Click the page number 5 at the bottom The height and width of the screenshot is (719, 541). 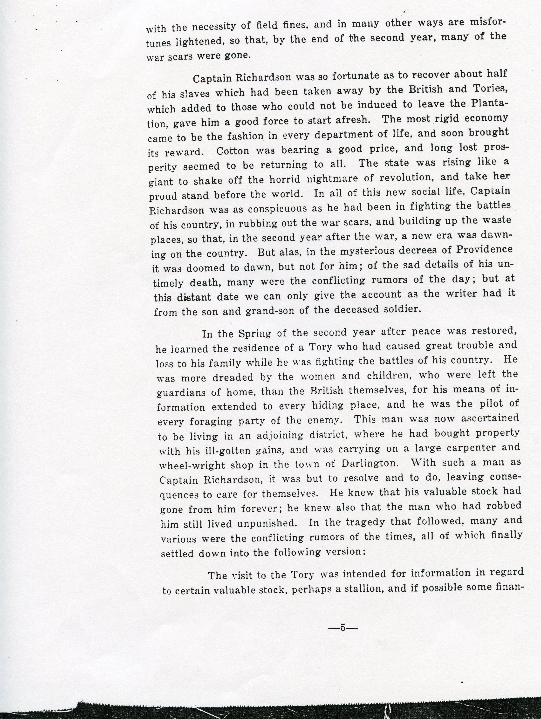(x=343, y=627)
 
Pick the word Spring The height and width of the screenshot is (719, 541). (x=254, y=334)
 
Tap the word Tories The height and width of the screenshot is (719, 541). (x=488, y=89)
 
